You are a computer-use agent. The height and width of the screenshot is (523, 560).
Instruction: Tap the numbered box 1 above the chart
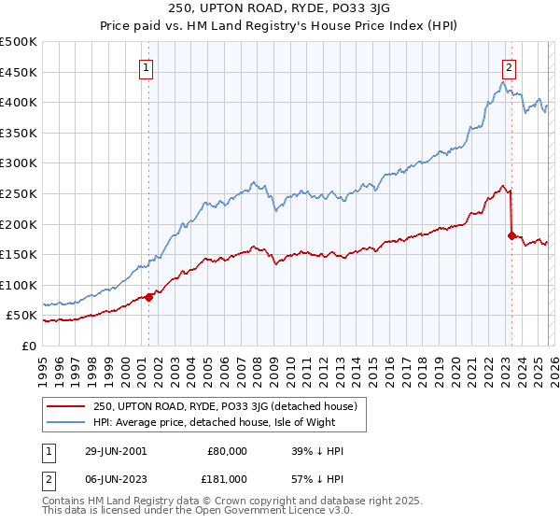[x=147, y=66]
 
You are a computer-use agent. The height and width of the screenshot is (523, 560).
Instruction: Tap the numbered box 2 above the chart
[x=509, y=66]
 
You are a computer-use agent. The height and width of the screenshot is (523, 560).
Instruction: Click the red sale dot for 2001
[x=149, y=297]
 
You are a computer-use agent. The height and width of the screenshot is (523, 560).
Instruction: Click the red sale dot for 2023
[x=511, y=235]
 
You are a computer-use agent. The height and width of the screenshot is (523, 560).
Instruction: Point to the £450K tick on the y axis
[x=19, y=72]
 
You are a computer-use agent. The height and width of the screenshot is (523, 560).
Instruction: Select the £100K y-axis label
[x=19, y=285]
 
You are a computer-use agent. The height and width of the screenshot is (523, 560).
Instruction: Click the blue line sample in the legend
[x=66, y=421]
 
